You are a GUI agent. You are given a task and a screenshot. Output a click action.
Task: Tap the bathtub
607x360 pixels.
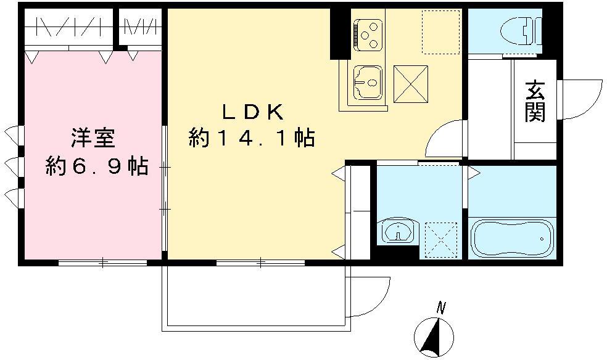click(x=512, y=238)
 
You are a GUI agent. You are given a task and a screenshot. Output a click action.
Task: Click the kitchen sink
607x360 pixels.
click(x=368, y=82)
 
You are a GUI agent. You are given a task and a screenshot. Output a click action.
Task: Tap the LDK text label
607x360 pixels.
click(x=253, y=112)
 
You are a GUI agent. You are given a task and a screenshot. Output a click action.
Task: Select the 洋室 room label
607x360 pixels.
click(x=93, y=138)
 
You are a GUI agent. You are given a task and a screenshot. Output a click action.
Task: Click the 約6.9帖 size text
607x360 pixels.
click(x=97, y=166)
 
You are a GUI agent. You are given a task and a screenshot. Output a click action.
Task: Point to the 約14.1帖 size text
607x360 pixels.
click(x=252, y=137)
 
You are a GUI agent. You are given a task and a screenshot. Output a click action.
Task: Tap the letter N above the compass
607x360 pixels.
click(x=440, y=308)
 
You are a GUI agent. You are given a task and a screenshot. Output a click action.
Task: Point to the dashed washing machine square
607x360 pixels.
click(x=441, y=240)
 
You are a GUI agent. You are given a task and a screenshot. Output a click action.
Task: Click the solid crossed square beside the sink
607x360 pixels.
click(x=411, y=84)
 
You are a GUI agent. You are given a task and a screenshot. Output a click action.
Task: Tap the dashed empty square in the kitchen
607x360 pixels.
click(x=440, y=32)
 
